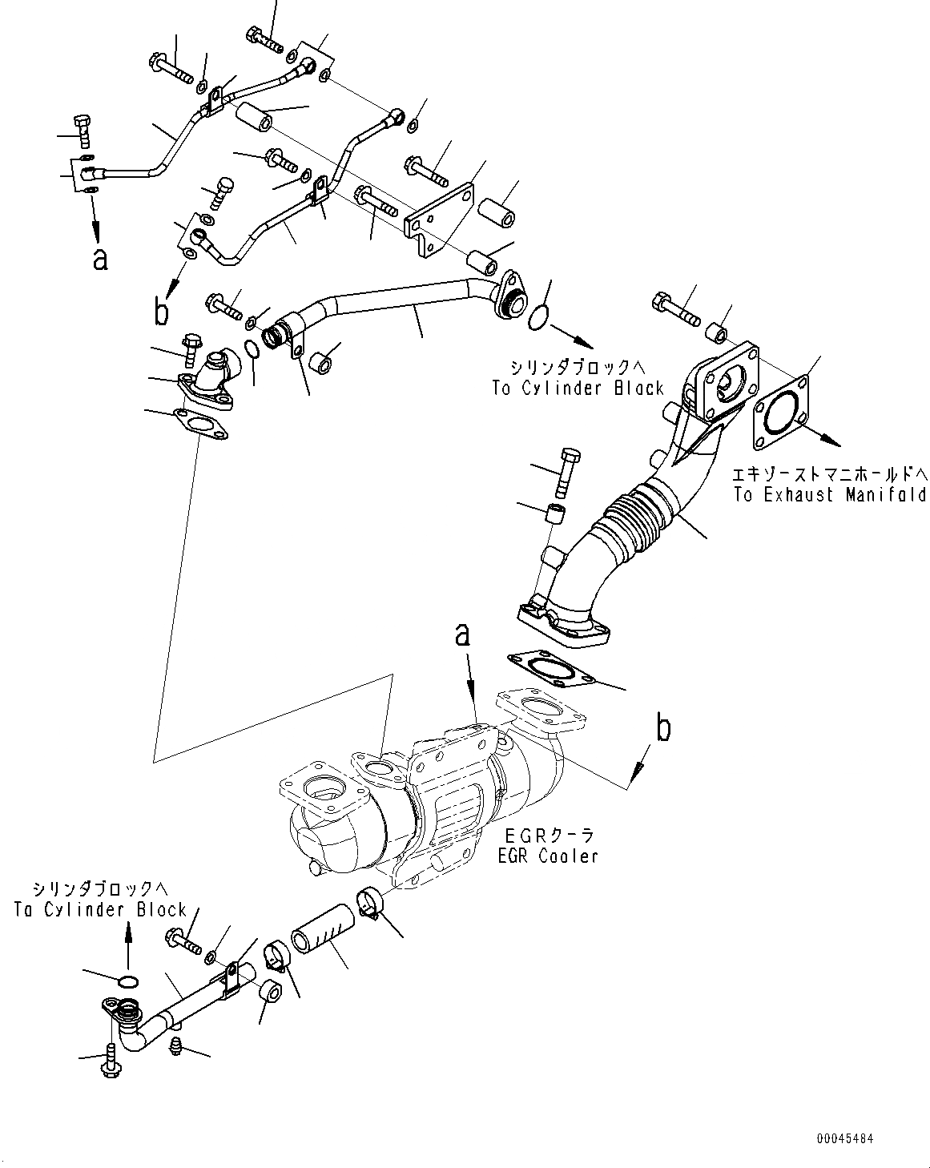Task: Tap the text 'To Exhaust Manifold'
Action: click(x=829, y=494)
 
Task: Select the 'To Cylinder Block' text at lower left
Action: click(x=100, y=909)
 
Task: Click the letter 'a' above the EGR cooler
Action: click(x=462, y=635)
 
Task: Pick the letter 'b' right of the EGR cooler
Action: click(x=664, y=729)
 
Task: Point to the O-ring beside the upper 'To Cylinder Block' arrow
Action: click(x=541, y=317)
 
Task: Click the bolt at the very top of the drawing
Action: click(x=263, y=38)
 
